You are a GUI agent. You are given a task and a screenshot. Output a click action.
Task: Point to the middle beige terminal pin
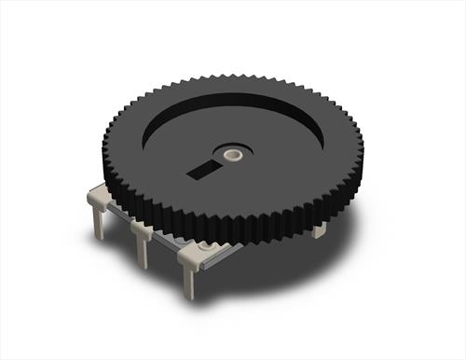[x=144, y=247]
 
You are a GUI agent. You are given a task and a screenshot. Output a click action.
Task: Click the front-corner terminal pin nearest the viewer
[x=191, y=275]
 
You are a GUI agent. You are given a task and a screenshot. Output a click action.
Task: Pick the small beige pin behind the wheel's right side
[x=320, y=228]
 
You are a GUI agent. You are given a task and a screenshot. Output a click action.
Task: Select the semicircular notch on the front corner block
[x=202, y=245]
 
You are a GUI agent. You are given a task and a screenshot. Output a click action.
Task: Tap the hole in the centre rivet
[x=233, y=150]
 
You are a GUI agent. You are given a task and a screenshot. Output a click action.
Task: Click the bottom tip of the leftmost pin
[x=99, y=237]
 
